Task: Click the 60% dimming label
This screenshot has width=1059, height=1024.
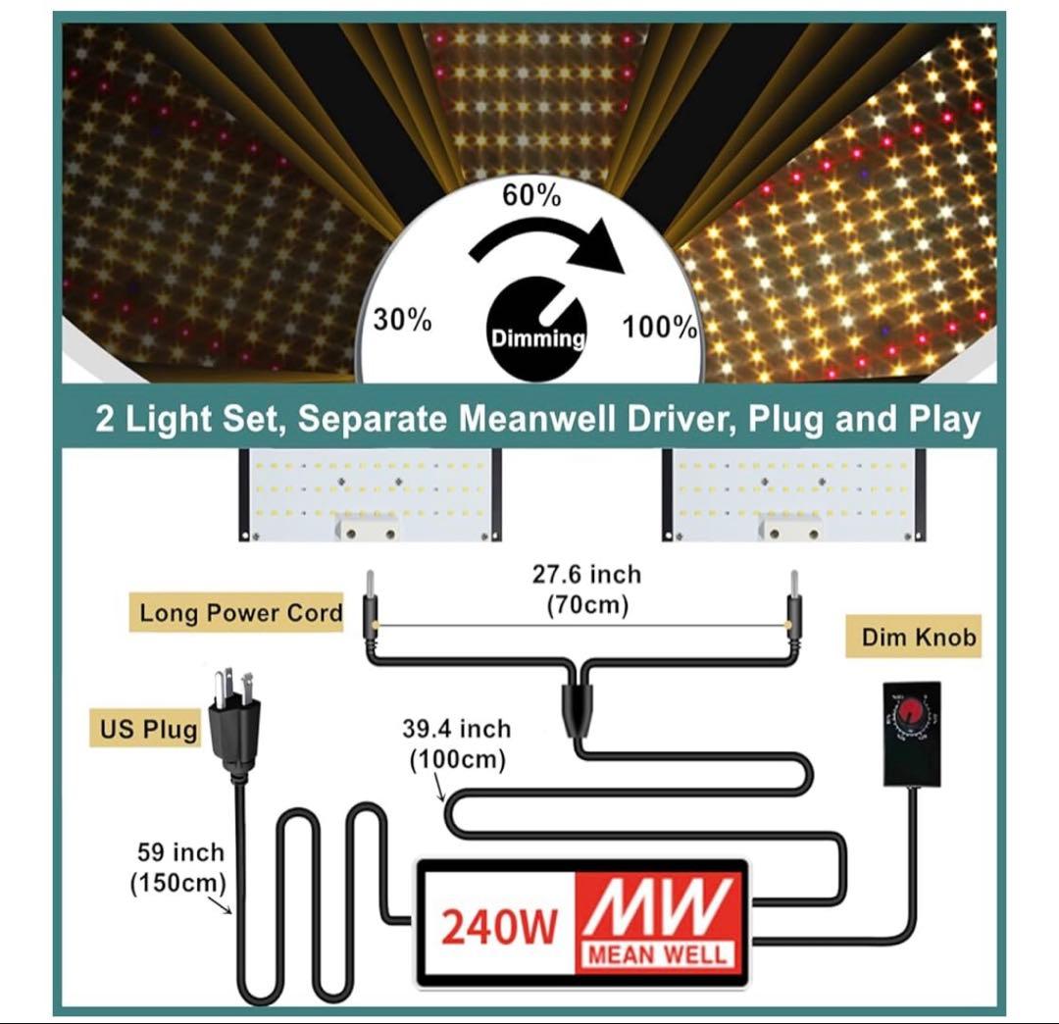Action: (x=531, y=195)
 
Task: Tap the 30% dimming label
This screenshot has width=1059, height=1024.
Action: (x=403, y=320)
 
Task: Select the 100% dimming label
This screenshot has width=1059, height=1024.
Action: (x=659, y=327)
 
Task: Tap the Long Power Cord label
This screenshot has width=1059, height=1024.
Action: (x=236, y=613)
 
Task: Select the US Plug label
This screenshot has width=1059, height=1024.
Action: (x=146, y=728)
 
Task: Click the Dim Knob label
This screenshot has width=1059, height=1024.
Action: (x=913, y=637)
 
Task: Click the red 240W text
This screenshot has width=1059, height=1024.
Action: (x=500, y=927)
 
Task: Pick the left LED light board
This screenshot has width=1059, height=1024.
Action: (x=370, y=494)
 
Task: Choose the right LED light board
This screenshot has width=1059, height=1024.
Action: (x=793, y=494)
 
